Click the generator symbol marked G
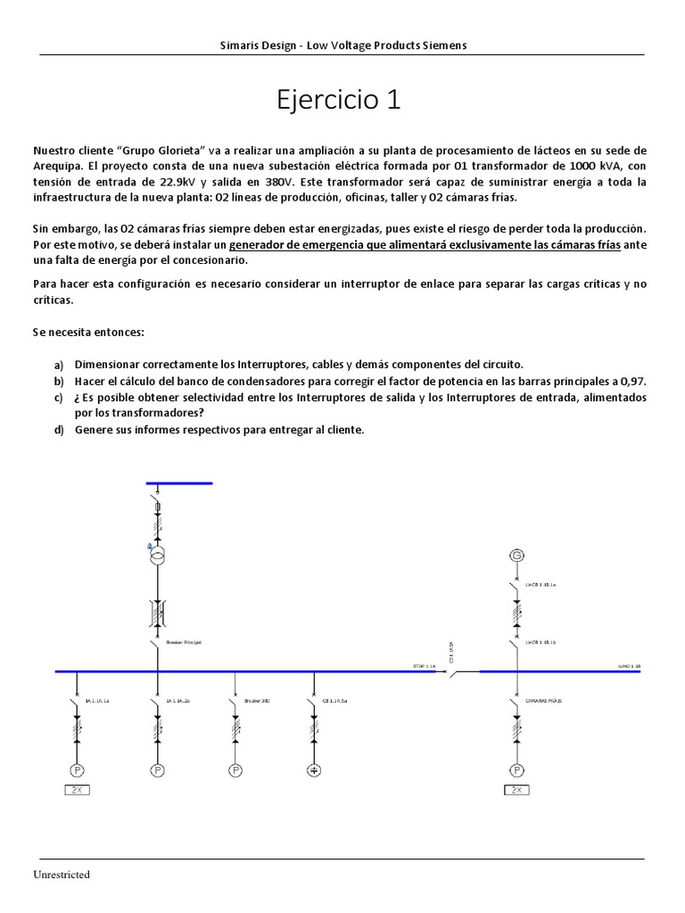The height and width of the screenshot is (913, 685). point(515,555)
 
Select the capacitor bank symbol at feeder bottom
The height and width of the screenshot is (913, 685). point(314,769)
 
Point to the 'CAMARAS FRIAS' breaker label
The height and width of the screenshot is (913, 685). point(542,702)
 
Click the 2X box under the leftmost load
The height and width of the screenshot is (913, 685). point(78,790)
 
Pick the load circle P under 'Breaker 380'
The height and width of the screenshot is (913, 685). point(235,769)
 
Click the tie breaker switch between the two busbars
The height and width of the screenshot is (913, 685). point(457,671)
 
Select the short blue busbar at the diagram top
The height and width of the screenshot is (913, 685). point(179,482)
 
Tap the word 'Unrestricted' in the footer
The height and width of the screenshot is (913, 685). point(63,875)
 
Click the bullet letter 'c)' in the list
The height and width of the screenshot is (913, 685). point(58,397)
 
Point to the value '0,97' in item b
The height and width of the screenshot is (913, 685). point(632,381)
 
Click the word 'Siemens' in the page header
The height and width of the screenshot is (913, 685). point(443,45)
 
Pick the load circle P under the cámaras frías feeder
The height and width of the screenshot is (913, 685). point(515,769)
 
